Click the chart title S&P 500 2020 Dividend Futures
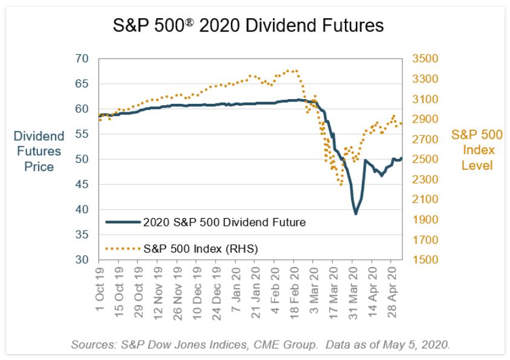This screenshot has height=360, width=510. pyautogui.click(x=248, y=26)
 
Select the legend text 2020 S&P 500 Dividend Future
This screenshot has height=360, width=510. pyautogui.click(x=224, y=222)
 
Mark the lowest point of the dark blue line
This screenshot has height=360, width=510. pyautogui.click(x=356, y=214)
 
